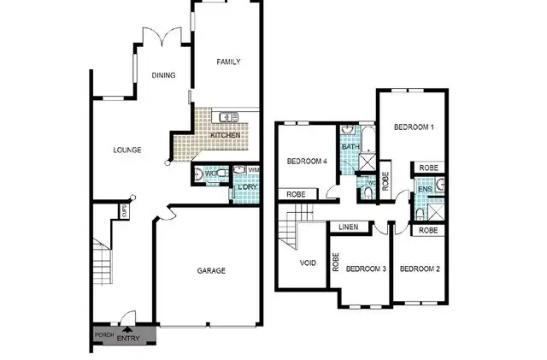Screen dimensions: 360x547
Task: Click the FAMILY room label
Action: click(228, 62)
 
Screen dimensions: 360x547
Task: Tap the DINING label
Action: click(164, 75)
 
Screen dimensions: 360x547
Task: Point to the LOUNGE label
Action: click(127, 150)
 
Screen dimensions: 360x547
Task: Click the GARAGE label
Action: click(211, 271)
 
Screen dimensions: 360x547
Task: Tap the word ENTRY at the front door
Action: click(127, 339)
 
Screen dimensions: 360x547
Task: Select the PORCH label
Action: click(103, 334)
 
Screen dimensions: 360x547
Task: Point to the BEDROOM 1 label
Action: click(414, 127)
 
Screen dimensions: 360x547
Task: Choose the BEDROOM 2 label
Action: click(420, 269)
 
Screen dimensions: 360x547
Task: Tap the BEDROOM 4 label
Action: click(307, 162)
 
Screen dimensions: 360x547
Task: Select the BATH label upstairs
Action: click(350, 147)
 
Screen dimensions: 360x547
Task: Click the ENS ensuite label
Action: click(424, 189)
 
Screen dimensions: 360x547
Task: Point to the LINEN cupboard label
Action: click(348, 227)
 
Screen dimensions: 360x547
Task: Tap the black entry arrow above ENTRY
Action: click(127, 328)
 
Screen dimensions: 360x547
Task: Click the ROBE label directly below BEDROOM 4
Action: click(297, 194)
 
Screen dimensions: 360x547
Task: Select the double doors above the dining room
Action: click(161, 35)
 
